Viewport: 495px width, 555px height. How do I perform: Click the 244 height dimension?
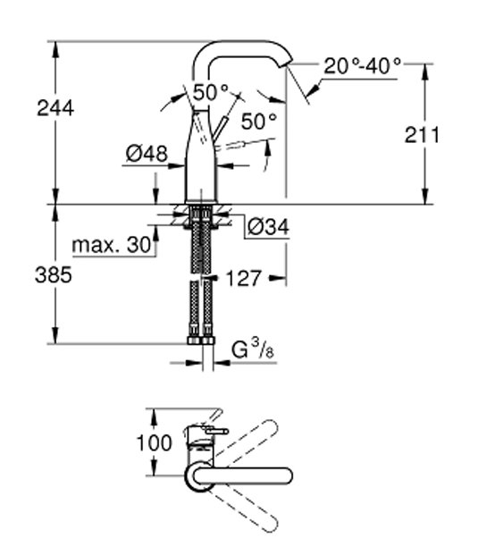[x=55, y=108]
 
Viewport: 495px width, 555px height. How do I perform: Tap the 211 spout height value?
[x=422, y=135]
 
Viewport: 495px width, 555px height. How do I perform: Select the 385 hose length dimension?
[x=54, y=274]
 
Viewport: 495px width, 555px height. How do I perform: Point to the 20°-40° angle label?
[x=363, y=66]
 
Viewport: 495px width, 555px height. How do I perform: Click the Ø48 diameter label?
[x=147, y=154]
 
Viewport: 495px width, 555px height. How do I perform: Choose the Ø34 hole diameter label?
[x=268, y=226]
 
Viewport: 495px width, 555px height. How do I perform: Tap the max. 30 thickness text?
[x=112, y=245]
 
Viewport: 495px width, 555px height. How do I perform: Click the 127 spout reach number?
[x=244, y=278]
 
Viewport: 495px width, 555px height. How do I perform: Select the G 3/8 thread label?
[x=254, y=349]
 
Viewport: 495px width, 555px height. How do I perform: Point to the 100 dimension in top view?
[x=155, y=442]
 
